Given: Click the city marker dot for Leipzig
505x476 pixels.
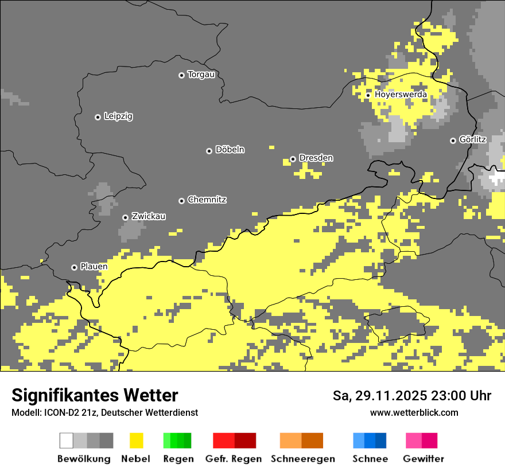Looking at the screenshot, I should pyautogui.click(x=98, y=117).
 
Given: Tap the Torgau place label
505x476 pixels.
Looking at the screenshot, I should pyautogui.click(x=201, y=75).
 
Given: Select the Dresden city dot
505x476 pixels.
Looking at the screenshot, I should pyautogui.click(x=293, y=159).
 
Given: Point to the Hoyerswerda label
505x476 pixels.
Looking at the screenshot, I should pyautogui.click(x=401, y=94).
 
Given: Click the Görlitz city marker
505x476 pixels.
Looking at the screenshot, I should pyautogui.click(x=453, y=141).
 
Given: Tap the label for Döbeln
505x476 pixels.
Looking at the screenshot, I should pyautogui.click(x=230, y=150).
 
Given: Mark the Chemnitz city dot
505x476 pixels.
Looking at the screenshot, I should pyautogui.click(x=181, y=201).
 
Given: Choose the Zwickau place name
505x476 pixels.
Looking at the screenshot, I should pyautogui.click(x=149, y=216).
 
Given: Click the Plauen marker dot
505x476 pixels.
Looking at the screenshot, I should pyautogui.click(x=74, y=267).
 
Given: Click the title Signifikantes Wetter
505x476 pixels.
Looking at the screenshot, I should pyautogui.click(x=95, y=395).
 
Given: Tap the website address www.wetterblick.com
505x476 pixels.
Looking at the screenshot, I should pyautogui.click(x=414, y=412).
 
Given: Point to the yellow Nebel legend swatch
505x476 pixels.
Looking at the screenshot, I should pyautogui.click(x=136, y=440).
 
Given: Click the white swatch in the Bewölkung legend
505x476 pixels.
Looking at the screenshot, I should pyautogui.click(x=66, y=440).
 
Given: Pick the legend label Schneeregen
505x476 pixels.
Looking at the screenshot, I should pyautogui.click(x=302, y=459).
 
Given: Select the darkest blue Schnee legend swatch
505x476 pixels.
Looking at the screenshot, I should pyautogui.click(x=380, y=440).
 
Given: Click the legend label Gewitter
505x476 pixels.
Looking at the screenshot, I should pyautogui.click(x=423, y=459).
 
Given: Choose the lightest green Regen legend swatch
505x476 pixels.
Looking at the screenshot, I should pyautogui.click(x=167, y=440).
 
